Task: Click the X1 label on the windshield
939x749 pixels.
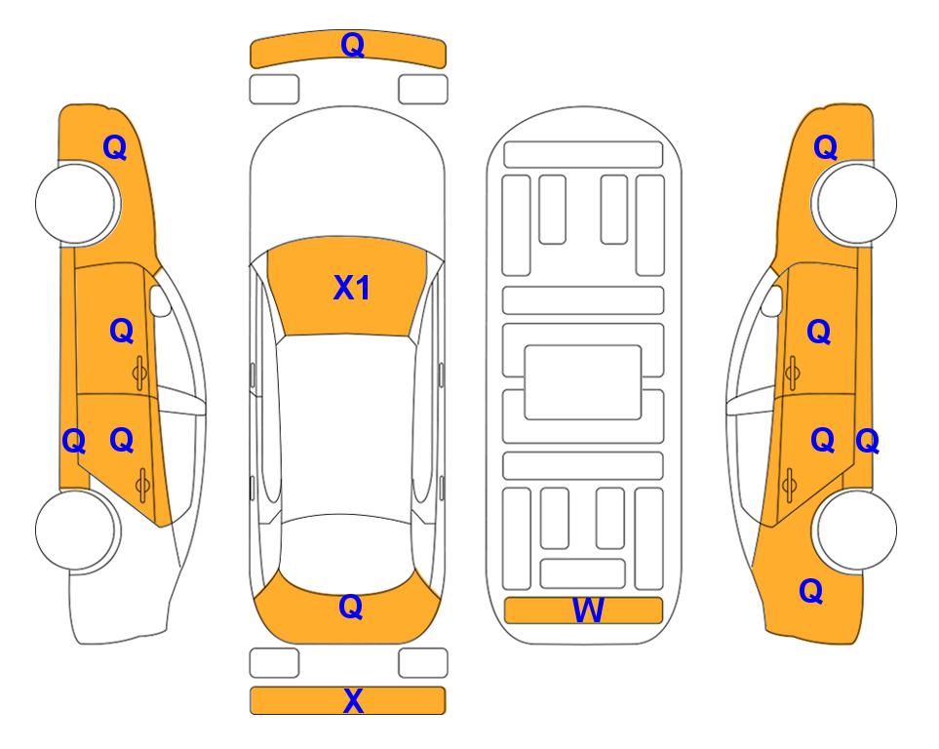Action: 352,288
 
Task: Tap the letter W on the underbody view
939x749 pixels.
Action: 588,611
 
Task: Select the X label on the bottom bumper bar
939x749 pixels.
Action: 353,701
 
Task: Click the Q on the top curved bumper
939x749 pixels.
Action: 353,46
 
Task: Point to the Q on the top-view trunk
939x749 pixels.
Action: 351,607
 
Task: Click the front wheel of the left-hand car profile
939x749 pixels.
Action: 76,204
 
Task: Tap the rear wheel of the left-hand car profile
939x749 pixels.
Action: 76,530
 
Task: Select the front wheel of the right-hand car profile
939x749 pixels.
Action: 856,204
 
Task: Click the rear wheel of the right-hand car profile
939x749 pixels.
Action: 856,530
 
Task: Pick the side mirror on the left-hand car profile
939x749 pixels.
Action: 160,300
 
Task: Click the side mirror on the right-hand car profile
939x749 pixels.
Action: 771,300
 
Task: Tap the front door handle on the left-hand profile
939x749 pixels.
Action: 140,373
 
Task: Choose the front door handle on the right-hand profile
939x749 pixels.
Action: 792,373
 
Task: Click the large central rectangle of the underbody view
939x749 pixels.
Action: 583,382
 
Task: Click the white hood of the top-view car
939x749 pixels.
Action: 347,179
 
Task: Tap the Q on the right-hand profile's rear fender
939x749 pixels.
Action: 811,591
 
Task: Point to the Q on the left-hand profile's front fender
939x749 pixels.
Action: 115,147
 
